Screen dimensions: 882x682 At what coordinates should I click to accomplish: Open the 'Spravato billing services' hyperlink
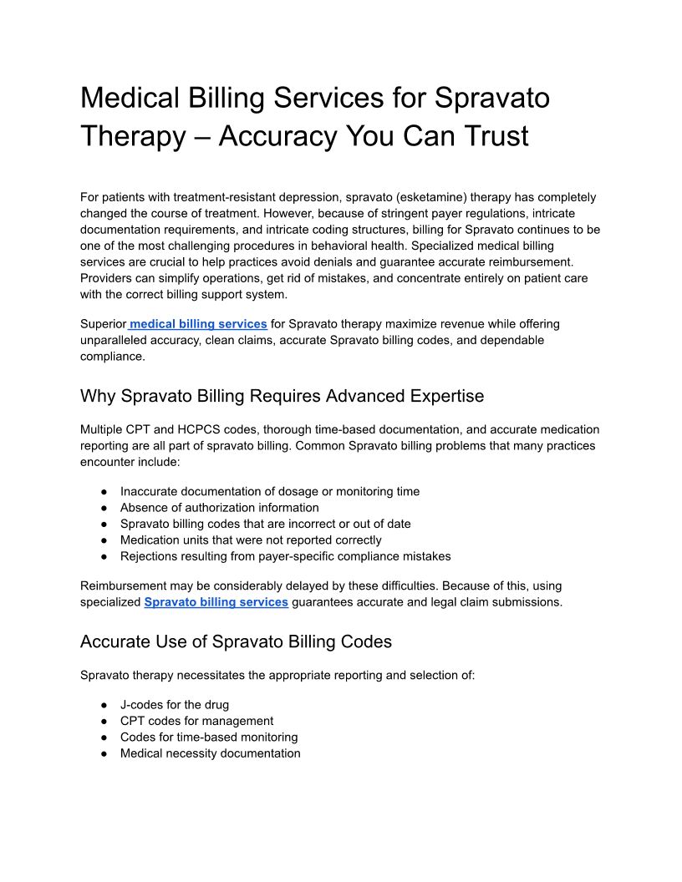(216, 602)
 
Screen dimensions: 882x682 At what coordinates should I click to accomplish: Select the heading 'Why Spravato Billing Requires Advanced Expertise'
(282, 395)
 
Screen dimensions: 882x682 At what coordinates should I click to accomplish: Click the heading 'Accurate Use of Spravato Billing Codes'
(236, 641)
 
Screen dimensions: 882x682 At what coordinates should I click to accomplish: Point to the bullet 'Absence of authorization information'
(219, 508)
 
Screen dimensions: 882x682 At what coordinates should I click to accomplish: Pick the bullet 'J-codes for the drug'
(175, 705)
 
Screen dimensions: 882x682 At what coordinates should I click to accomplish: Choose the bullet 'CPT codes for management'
(196, 721)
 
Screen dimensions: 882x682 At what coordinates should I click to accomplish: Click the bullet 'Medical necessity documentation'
(210, 753)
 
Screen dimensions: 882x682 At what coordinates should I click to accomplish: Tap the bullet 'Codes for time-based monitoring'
(209, 738)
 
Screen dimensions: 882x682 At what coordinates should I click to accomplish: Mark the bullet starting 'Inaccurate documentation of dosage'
(269, 492)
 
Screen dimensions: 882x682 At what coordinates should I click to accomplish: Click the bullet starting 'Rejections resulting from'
(285, 556)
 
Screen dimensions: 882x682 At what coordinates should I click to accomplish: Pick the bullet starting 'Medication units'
(251, 540)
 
